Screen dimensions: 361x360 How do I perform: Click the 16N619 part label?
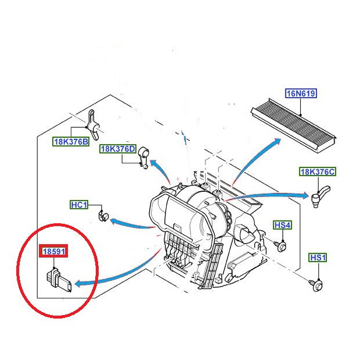coord(301,94)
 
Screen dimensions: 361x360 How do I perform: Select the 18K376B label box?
coord(71,141)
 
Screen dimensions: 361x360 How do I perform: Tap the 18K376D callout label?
coord(117,149)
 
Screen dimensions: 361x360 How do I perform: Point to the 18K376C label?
coord(317,171)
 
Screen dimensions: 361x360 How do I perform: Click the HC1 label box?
coord(78,205)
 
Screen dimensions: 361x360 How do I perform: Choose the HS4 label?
coord(282,225)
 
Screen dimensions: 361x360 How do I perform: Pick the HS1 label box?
coord(318,258)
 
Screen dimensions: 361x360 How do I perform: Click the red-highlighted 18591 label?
coord(54,252)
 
